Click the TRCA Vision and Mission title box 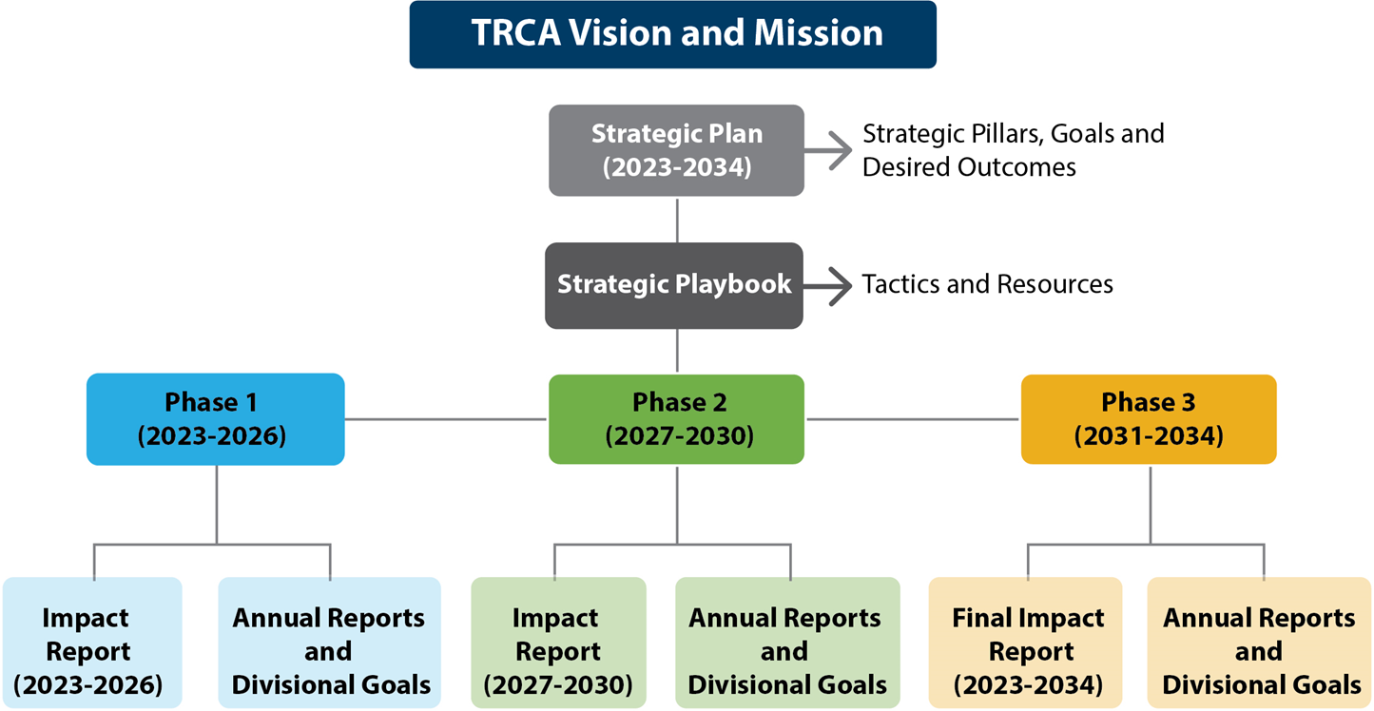tap(673, 34)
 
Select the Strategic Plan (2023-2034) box tap(677, 150)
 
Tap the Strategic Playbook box tap(674, 285)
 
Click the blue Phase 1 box tap(215, 419)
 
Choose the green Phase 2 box tap(677, 419)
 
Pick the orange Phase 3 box tap(1149, 419)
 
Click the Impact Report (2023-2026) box tap(92, 643)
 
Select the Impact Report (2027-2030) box tap(559, 643)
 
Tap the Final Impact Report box tap(1026, 643)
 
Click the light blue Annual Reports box tap(330, 643)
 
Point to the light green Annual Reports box tap(787, 643)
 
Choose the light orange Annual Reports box tap(1259, 643)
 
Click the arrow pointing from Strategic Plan tap(828, 150)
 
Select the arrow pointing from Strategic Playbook tap(827, 286)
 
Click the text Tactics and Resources tap(988, 284)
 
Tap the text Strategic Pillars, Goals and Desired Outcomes tap(1014, 150)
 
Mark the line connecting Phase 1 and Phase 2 tap(446, 419)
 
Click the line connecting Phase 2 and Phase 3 tap(913, 419)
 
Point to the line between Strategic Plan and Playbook tap(677, 220)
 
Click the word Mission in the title tap(819, 33)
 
